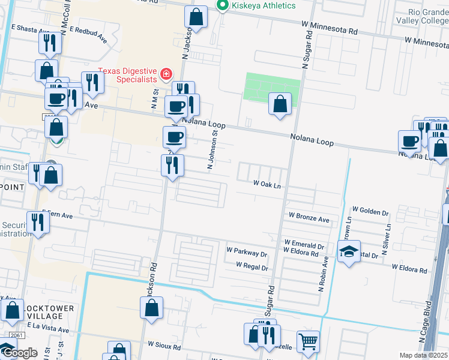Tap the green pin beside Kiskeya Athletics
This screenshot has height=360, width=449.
tap(223, 5)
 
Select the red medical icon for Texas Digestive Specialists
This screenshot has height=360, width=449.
tap(166, 75)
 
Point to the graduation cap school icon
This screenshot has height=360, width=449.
tap(348, 251)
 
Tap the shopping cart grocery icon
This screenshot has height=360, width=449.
tap(308, 341)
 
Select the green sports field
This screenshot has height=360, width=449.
tap(272, 90)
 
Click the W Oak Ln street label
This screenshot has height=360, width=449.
tap(267, 185)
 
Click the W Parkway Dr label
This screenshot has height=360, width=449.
tap(247, 254)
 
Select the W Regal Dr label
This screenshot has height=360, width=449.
tap(252, 265)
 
